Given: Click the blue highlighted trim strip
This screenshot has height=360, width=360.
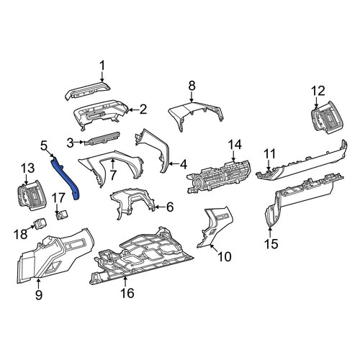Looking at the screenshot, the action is (64, 177).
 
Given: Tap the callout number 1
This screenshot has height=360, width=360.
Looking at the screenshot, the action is (102, 66).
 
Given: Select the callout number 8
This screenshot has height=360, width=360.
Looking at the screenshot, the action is (192, 86).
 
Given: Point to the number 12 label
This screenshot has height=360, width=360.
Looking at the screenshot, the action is (318, 91).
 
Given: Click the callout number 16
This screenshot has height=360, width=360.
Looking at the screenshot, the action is (127, 293).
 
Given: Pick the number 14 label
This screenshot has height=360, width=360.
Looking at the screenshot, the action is (235, 145).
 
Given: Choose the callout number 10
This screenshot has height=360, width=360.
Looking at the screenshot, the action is (225, 256).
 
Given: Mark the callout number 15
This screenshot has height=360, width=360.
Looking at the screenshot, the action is (271, 244).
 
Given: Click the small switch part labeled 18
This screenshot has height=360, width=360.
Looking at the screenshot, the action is (40, 222).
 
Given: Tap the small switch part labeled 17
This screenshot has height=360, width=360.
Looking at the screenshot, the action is (62, 215).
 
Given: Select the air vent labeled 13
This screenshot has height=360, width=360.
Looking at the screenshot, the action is (32, 196).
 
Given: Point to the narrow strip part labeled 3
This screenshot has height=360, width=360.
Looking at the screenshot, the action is (102, 138).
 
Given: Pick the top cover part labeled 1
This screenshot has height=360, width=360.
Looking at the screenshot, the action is (88, 91).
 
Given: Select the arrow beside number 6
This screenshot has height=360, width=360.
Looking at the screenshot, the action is (160, 207).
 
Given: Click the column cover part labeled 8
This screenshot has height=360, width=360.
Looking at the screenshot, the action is (197, 114).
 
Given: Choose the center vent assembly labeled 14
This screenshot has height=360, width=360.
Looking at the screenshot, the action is (218, 177).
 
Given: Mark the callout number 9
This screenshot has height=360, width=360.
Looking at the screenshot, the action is (39, 294).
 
